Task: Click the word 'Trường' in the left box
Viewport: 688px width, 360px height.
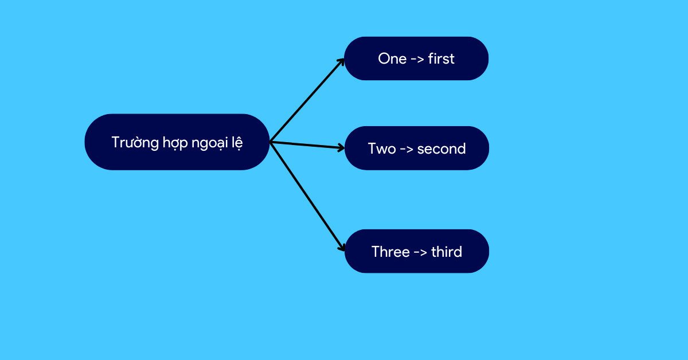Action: coord(135,143)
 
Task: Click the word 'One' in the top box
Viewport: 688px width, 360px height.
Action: coord(392,58)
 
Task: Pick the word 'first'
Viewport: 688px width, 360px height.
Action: coord(441,58)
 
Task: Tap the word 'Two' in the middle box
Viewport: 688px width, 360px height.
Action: coord(382,148)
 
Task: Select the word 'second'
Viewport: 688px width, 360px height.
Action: coord(441,148)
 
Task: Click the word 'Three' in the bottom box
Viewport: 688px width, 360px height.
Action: coord(390,252)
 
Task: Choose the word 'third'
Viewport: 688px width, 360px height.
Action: coord(447,252)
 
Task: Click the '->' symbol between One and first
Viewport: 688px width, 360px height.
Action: coord(417,59)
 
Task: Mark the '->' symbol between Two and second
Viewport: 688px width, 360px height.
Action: coord(406,149)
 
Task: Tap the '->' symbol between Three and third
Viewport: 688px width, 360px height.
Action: coord(420,252)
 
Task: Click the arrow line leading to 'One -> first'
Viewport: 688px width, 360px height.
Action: coord(307,100)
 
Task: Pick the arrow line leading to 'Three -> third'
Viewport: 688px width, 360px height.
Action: coord(307,197)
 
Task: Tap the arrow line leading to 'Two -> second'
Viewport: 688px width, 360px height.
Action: coord(307,145)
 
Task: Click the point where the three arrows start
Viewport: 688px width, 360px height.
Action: coord(270,142)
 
